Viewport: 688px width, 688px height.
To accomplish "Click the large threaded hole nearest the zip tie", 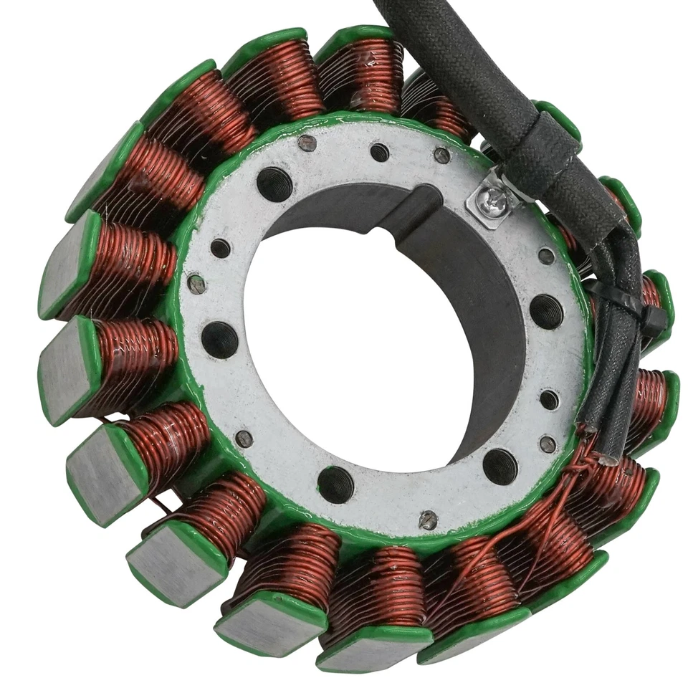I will tap(546, 312).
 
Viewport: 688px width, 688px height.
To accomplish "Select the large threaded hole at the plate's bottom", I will tap(335, 484).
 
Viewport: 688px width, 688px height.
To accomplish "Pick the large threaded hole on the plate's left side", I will tap(219, 339).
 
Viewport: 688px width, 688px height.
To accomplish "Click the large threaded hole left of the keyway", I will tap(274, 184).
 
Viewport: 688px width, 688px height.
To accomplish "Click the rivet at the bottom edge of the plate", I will tap(428, 520).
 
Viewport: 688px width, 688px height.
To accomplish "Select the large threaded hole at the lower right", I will tap(500, 467).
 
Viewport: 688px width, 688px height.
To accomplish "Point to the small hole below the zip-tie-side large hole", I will tap(550, 399).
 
